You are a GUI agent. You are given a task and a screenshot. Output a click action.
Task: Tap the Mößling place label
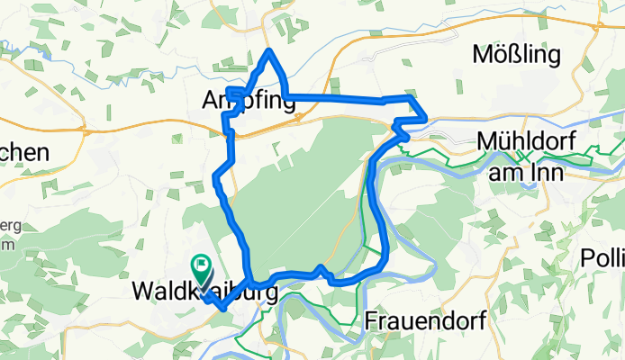[516, 56]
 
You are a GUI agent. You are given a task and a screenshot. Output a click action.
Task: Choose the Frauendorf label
[426, 321]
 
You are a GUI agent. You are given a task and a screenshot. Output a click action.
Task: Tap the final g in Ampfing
[288, 107]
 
